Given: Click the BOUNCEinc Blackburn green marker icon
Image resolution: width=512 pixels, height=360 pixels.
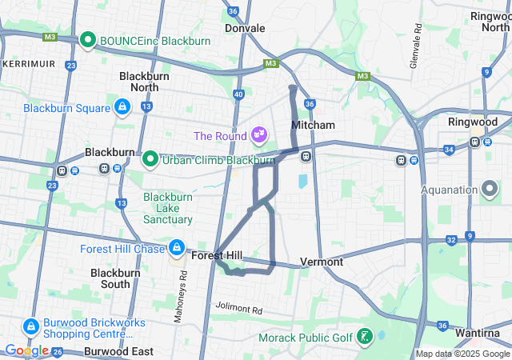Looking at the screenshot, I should click(88, 39).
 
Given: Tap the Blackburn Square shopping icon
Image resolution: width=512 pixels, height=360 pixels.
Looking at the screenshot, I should click(122, 106).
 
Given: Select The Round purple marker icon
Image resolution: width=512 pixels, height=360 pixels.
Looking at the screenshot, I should click(259, 134).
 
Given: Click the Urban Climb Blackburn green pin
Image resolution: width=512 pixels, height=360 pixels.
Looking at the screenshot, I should click(150, 158).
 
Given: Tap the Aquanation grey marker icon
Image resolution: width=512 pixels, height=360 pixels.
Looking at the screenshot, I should click(490, 190).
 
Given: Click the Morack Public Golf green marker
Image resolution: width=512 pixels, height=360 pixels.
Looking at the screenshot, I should click(365, 337).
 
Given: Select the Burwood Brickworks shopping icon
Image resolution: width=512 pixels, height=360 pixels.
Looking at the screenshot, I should click(31, 326).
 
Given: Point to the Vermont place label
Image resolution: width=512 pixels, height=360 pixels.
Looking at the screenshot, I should click(322, 262).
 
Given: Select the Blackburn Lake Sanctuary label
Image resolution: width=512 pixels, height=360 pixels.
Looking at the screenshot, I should click(168, 208).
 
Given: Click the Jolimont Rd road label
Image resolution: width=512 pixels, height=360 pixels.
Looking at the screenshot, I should click(238, 309).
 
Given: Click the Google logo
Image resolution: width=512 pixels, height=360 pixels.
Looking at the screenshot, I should click(26, 350).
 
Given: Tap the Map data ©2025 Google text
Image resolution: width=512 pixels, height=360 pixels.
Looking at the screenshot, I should click(462, 354).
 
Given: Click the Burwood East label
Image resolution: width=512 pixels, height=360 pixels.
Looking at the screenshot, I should click(119, 351).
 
